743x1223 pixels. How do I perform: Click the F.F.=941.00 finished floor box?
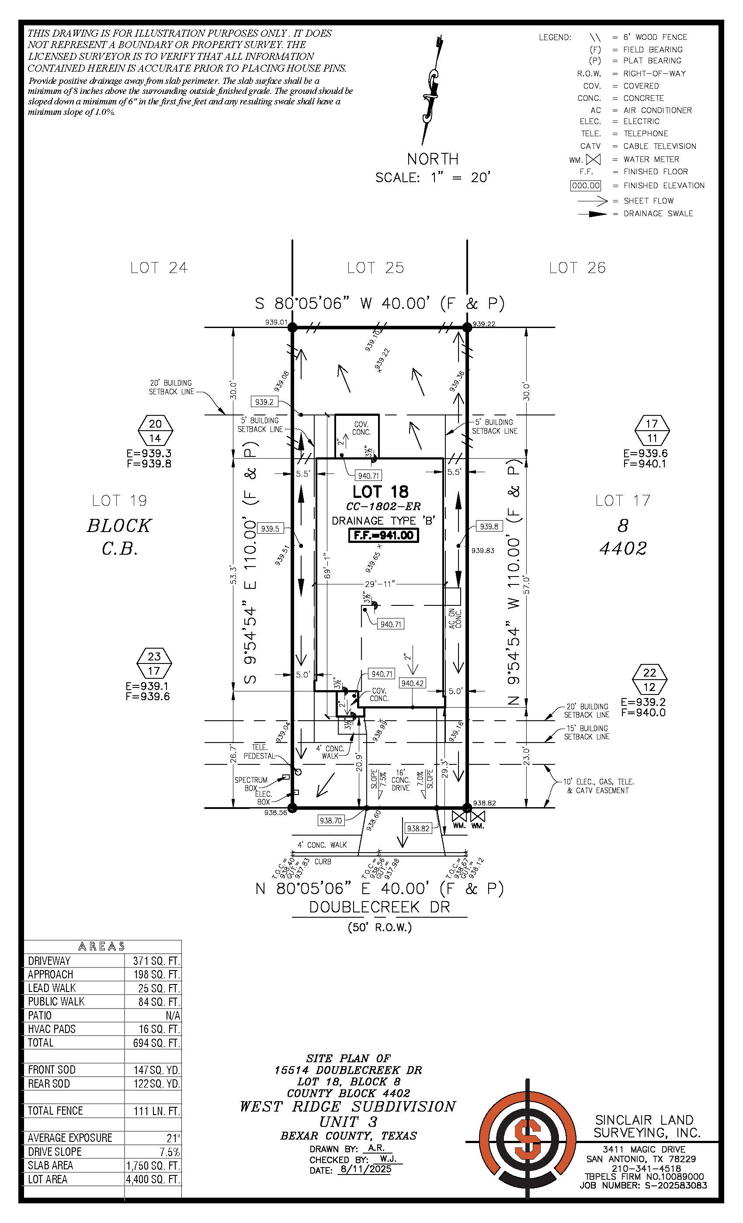coord(383,535)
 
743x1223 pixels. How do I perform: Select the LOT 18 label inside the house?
coord(380,492)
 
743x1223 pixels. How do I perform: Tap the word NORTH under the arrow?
coord(433,159)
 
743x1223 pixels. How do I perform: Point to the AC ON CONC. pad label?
coord(455,618)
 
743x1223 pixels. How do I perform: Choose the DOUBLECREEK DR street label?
coord(379,907)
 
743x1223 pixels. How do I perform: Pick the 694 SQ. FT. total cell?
coord(156,1042)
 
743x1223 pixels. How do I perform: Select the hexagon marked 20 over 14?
coord(156,431)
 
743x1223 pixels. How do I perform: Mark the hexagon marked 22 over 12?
coord(649,680)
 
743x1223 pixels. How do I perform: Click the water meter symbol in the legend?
coord(593,160)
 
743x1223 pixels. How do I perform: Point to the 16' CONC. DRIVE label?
coord(401,780)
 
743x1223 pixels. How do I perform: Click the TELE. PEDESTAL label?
coord(259,751)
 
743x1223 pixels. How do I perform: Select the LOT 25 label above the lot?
coord(375,268)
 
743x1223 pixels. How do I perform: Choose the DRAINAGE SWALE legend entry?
coord(658,214)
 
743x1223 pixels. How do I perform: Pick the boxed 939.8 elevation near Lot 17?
coord(489,527)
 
